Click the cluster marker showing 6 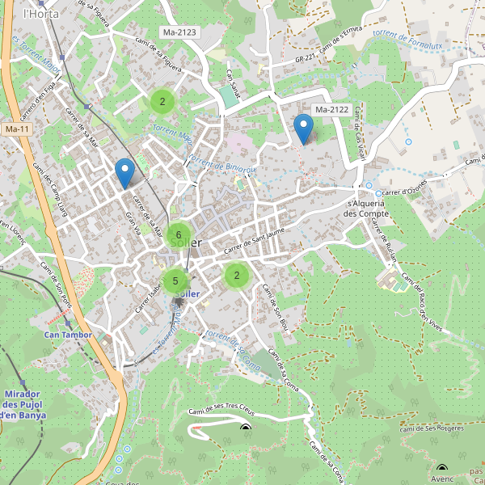(179, 235)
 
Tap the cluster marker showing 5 (175, 281)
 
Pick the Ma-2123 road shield (179, 32)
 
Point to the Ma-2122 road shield (331, 110)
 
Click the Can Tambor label (68, 334)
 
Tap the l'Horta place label (37, 14)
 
